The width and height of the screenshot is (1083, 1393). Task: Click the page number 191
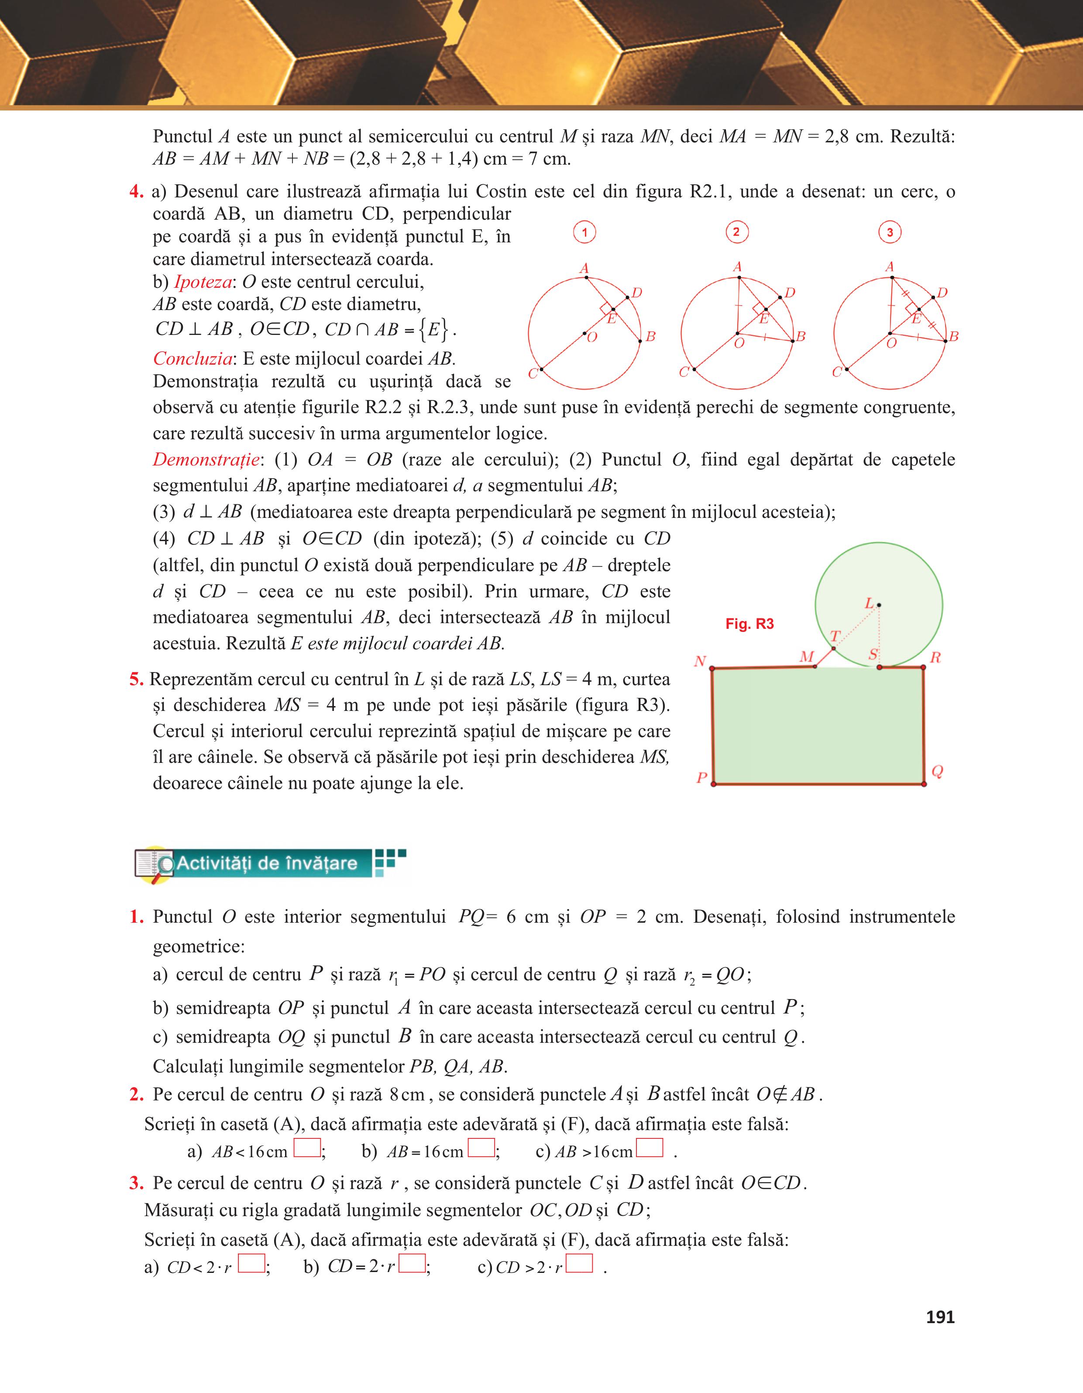click(939, 1317)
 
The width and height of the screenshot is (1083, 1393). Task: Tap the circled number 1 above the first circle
click(584, 232)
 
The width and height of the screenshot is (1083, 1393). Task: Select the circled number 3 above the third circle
click(890, 232)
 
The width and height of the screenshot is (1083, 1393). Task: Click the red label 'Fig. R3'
click(749, 624)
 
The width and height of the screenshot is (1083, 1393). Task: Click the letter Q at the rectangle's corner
click(937, 772)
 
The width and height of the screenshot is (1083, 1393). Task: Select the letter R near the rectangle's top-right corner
click(935, 658)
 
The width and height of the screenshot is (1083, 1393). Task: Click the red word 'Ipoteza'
click(203, 282)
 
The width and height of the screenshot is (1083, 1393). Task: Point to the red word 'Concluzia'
click(193, 359)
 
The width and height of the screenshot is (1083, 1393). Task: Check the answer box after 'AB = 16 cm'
click(481, 1148)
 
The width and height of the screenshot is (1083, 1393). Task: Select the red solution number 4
click(136, 191)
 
